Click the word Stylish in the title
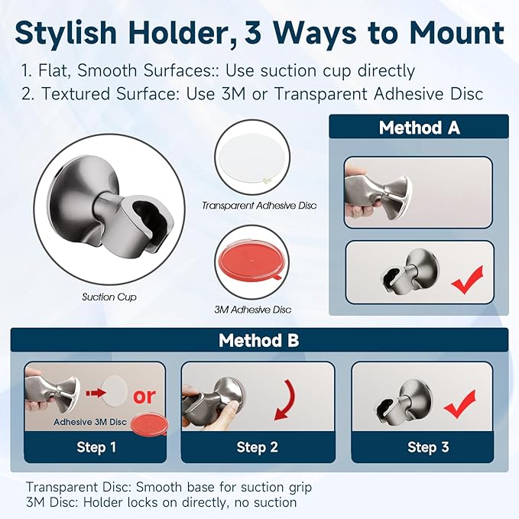tap(66, 32)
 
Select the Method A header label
tap(420, 128)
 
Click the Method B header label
tap(259, 340)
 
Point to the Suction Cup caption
tap(109, 297)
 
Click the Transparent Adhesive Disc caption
tap(259, 206)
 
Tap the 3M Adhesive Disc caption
tap(253, 310)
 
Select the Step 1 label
tap(96, 447)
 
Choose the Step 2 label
tap(257, 447)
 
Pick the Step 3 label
tap(428, 447)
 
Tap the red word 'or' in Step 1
tap(144, 396)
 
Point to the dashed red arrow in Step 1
tap(96, 393)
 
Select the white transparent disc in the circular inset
tap(252, 157)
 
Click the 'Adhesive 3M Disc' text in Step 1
tap(90, 422)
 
